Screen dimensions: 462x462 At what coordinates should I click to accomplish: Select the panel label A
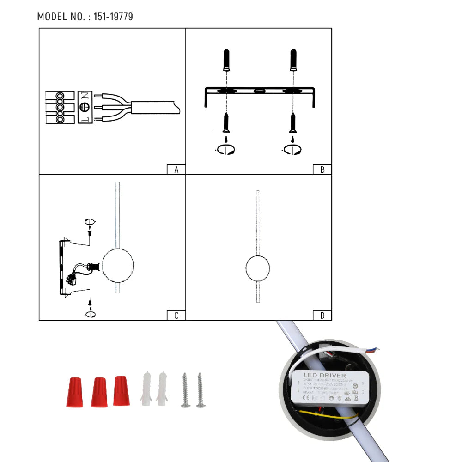coord(176,170)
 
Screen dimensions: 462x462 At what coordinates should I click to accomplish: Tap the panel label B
coord(322,170)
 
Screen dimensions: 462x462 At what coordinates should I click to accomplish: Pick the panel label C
coord(176,316)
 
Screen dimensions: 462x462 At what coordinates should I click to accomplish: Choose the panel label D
coord(322,316)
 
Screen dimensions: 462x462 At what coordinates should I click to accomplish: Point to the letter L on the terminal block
coord(85,119)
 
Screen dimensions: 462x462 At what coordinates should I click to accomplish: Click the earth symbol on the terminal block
coord(85,108)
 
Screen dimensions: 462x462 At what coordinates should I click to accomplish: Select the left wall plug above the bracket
coord(226,60)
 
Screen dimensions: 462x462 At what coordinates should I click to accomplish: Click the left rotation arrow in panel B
coord(225,149)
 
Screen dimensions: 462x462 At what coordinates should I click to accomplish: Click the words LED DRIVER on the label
coord(324,376)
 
